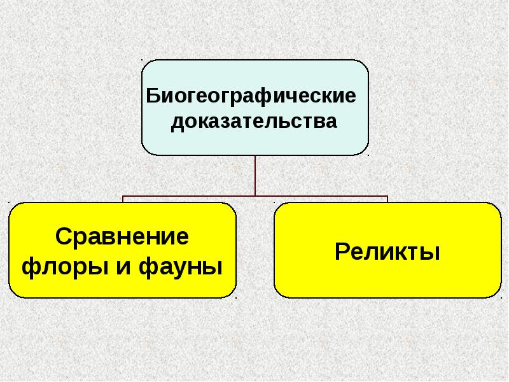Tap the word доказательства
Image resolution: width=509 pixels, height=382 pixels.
253,121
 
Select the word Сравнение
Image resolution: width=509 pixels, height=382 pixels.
122,237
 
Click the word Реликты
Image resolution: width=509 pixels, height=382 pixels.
387,251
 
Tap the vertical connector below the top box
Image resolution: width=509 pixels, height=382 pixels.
255,175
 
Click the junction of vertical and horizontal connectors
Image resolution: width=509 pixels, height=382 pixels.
255,195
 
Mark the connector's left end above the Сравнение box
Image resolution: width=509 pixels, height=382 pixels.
123,199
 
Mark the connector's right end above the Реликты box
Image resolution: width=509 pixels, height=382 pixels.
387,199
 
